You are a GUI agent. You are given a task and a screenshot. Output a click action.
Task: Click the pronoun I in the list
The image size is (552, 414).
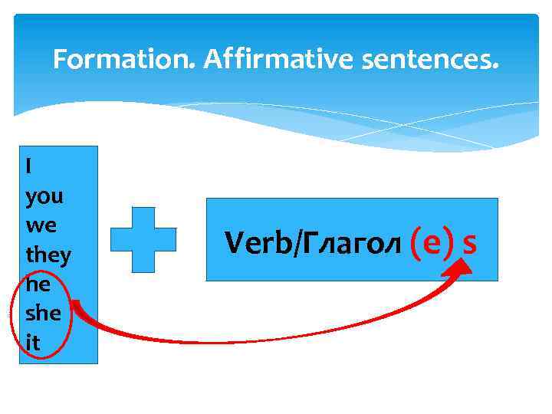click(x=28, y=166)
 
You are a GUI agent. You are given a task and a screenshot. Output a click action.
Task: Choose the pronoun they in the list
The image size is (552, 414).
click(x=48, y=255)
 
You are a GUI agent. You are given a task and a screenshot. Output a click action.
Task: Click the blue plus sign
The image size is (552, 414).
click(x=143, y=239)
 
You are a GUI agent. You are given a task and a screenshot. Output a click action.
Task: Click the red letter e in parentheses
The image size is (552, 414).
click(x=431, y=243)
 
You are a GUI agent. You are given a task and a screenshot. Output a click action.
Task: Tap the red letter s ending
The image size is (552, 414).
click(x=469, y=243)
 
